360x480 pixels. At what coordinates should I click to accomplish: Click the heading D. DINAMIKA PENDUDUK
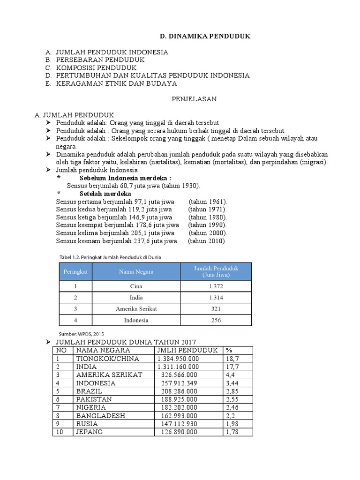point(199,36)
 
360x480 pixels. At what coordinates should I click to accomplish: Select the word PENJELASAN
point(193,99)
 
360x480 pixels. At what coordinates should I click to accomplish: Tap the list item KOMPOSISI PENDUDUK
point(96,67)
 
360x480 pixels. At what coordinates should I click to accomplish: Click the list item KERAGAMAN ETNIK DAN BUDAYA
point(116,83)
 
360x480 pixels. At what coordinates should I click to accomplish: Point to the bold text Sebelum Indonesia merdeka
point(125,178)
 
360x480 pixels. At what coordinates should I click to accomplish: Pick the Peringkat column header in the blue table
point(75,271)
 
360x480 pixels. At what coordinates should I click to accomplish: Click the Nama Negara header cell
point(136,271)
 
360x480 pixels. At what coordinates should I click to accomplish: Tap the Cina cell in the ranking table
point(136,286)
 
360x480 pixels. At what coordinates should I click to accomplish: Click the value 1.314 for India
point(216,298)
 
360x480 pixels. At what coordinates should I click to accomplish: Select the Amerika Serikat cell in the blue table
point(136,309)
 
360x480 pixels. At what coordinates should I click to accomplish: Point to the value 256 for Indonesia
point(216,320)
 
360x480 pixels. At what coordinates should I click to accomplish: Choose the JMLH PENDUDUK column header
point(187,350)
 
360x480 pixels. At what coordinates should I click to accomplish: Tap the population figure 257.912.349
point(178,383)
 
